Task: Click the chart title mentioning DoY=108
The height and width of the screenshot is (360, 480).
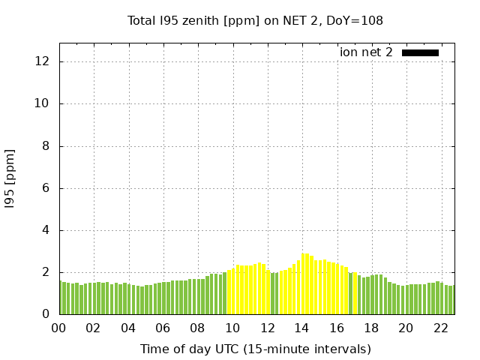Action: click(255, 21)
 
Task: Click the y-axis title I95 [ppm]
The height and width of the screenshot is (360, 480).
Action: click(10, 178)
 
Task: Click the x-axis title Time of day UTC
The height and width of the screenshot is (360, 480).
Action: click(255, 349)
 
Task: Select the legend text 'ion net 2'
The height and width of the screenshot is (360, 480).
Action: click(366, 52)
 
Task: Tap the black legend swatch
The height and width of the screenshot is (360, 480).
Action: click(420, 52)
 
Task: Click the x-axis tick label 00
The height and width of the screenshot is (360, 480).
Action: click(58, 328)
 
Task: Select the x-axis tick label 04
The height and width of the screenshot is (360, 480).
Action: click(128, 328)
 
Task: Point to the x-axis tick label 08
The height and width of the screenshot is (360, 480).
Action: click(197, 328)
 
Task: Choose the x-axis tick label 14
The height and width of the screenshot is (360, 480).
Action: click(301, 328)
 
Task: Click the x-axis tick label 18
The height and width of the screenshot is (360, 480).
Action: click(370, 328)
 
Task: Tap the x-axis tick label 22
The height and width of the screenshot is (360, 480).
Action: click(440, 328)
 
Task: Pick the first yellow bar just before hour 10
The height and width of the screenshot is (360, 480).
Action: click(229, 292)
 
